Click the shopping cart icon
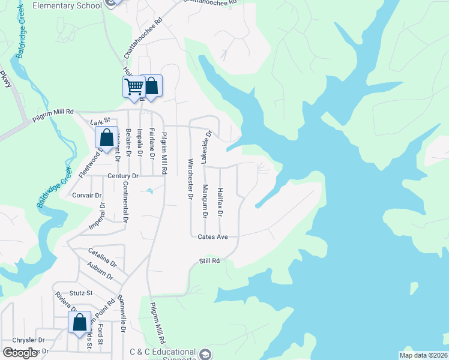coord(134,86)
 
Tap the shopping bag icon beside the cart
coord(151,86)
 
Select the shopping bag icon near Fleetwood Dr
coord(107,137)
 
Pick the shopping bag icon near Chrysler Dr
coord(80,322)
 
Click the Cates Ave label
coord(213,237)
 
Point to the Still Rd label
coord(210,261)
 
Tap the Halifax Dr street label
coord(220,202)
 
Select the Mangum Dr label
coord(205,201)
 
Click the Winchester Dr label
coord(190,179)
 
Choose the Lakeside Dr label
coord(205,148)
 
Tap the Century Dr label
coord(123,176)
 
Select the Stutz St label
coord(81,293)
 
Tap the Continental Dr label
coord(125,202)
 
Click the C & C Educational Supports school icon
coord(206,354)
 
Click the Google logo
coord(21,353)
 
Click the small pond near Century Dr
coord(148,191)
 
